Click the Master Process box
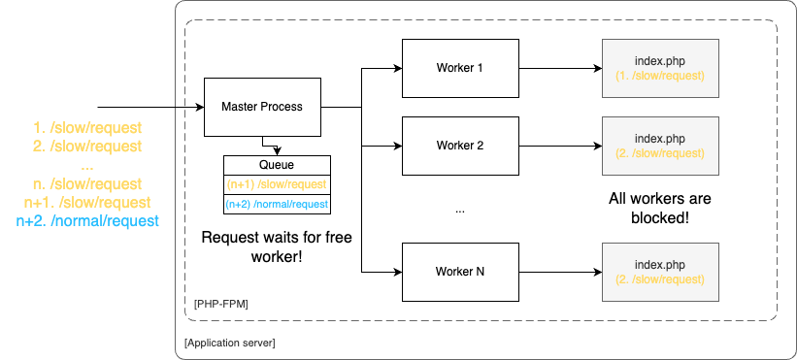pyautogui.click(x=262, y=106)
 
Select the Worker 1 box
pyautogui.click(x=459, y=68)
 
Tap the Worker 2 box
pyautogui.click(x=459, y=146)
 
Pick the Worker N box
pyautogui.click(x=459, y=272)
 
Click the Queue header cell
pyautogui.click(x=278, y=165)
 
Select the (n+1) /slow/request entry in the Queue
pyautogui.click(x=278, y=184)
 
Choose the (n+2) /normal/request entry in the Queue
pyautogui.click(x=278, y=204)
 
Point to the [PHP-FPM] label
pyautogui.click(x=221, y=305)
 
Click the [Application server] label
pyautogui.click(x=230, y=343)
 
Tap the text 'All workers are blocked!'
pyautogui.click(x=660, y=209)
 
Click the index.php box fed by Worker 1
pyautogui.click(x=660, y=68)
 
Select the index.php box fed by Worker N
pyautogui.click(x=660, y=272)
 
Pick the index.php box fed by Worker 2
pyautogui.click(x=660, y=146)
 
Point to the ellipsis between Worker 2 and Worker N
pyautogui.click(x=459, y=211)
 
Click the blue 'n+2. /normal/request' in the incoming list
pyautogui.click(x=87, y=221)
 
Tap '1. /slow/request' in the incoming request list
pyautogui.click(x=87, y=128)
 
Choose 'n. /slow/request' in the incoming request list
pyautogui.click(x=87, y=184)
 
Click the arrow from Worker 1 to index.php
pyautogui.click(x=558, y=68)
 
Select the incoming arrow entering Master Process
pyautogui.click(x=146, y=106)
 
